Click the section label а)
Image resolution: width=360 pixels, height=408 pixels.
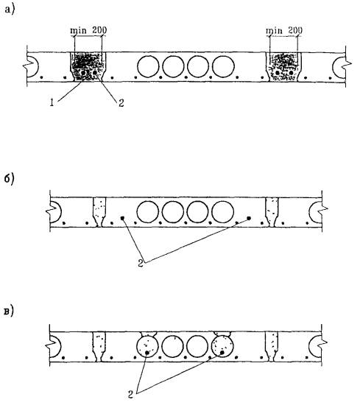pyautogui.click(x=10, y=10)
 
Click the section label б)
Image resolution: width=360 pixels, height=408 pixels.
pyautogui.click(x=10, y=179)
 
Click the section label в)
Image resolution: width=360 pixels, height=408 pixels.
pyautogui.click(x=9, y=312)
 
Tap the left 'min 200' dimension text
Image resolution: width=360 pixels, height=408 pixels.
pyautogui.click(x=88, y=30)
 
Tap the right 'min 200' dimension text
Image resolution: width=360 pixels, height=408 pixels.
pyautogui.click(x=284, y=30)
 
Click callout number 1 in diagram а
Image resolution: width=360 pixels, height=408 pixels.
pyautogui.click(x=52, y=103)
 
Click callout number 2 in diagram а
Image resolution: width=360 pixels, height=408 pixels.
pyautogui.click(x=121, y=103)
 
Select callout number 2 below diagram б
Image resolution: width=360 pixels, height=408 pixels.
pyautogui.click(x=141, y=264)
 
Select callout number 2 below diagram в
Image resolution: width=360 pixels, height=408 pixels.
pyautogui.click(x=130, y=395)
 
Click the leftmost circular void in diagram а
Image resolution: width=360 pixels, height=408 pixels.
pyautogui.click(x=148, y=66)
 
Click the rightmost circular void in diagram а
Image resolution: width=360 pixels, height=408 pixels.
pyautogui.click(x=223, y=66)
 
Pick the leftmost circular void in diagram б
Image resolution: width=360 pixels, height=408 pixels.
pyautogui.click(x=147, y=212)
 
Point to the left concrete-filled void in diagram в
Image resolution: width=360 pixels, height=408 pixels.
pyautogui.click(x=147, y=346)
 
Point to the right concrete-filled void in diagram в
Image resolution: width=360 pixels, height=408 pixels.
pyautogui.click(x=222, y=346)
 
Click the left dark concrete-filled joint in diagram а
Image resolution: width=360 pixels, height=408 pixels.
pyautogui.click(x=88, y=67)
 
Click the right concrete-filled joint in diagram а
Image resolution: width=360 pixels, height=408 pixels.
pyautogui.click(x=283, y=67)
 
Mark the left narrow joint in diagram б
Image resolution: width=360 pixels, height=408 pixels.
pyautogui.click(x=99, y=212)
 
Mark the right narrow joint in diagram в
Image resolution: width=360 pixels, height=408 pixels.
pyautogui.click(x=272, y=347)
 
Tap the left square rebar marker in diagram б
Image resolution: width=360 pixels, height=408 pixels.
pyautogui.click(x=122, y=219)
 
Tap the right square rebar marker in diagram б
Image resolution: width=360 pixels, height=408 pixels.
pyautogui.click(x=249, y=219)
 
